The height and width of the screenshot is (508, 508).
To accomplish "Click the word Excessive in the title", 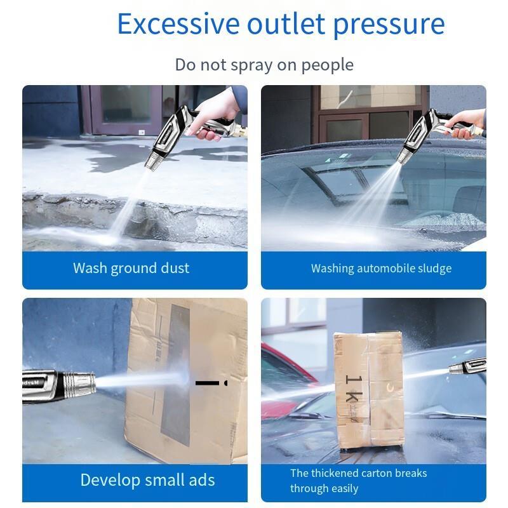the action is pyautogui.click(x=178, y=23).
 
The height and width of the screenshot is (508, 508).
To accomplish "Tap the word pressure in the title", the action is pyautogui.click(x=389, y=26).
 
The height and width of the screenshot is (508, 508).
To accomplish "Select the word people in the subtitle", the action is pyautogui.click(x=327, y=65).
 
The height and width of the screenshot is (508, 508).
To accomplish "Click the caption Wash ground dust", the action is pyautogui.click(x=131, y=269).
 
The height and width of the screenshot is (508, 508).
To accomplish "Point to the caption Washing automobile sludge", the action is pyautogui.click(x=382, y=269).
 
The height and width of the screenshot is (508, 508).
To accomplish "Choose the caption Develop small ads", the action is pyautogui.click(x=147, y=480).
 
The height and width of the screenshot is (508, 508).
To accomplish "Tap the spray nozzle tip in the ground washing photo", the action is pyautogui.click(x=150, y=163).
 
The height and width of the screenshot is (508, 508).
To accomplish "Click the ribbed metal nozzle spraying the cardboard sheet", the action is pyautogui.click(x=79, y=384).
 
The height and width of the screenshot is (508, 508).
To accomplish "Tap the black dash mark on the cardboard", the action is pyautogui.click(x=208, y=383).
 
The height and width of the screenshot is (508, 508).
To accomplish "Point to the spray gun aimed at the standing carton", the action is pyautogui.click(x=467, y=366).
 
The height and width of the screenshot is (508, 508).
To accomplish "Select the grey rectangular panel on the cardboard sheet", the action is pyautogui.click(x=175, y=375).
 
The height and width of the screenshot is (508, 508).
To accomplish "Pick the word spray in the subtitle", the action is pyautogui.click(x=251, y=66).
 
